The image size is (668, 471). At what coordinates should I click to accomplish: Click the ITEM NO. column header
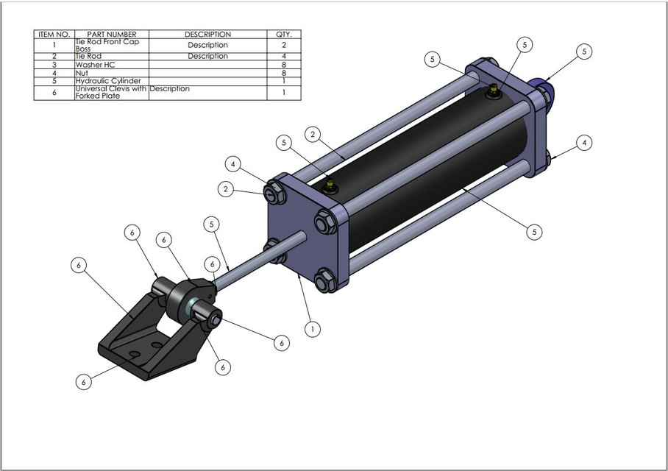point(54,35)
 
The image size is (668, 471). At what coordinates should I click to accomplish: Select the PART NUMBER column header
point(111,35)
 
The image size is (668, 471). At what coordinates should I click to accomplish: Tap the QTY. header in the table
point(283,35)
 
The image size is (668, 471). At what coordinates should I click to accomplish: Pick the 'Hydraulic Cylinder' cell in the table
point(107,81)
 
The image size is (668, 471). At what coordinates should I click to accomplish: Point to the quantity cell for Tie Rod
point(283,56)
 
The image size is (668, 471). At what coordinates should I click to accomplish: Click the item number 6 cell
point(54,93)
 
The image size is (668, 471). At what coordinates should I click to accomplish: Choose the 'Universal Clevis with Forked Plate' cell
point(111,93)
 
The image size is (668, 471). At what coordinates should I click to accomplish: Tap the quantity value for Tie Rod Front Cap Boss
point(283,45)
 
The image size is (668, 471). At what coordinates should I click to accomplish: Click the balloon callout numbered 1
point(312,329)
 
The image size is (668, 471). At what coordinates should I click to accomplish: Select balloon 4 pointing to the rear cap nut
point(584,143)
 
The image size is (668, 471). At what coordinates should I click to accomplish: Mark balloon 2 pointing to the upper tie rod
point(313,135)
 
